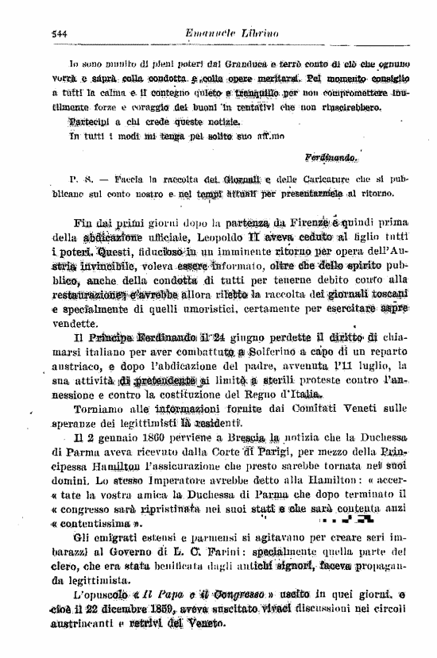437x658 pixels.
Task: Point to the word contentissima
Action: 99,523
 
